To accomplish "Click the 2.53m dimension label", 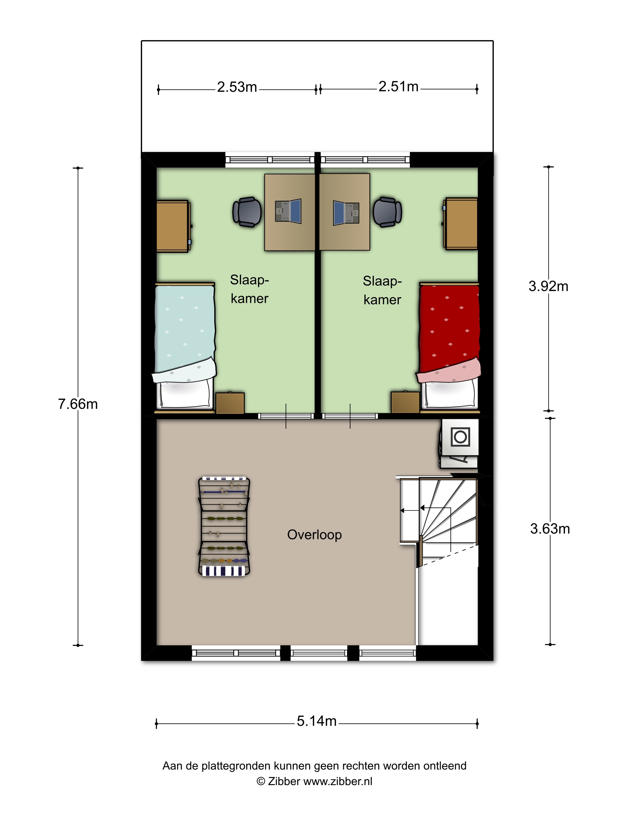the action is [x=237, y=87].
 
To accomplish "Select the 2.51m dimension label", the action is [x=398, y=87].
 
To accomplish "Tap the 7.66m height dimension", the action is [x=78, y=404].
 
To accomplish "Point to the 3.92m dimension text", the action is [x=548, y=286].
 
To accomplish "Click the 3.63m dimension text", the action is [x=550, y=529].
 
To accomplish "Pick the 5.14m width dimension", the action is [x=316, y=721].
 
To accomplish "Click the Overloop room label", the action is [x=314, y=534].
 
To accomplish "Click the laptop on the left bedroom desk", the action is [x=288, y=211].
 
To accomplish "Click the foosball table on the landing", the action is [x=224, y=527].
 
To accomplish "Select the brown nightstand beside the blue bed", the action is [x=230, y=403].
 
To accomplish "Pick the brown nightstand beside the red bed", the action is [x=405, y=402].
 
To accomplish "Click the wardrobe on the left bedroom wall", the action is [x=173, y=226].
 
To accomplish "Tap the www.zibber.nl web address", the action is [x=337, y=782].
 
